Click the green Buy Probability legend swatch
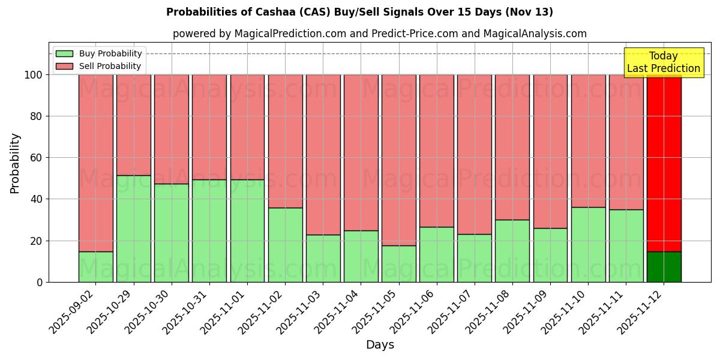(64, 54)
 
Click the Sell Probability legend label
(110, 67)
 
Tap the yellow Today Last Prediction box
(664, 62)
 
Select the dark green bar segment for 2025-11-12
(664, 266)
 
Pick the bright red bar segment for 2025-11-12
(664, 162)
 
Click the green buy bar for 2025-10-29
(134, 228)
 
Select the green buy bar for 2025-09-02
(96, 266)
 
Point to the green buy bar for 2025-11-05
(399, 263)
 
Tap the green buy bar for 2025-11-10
(588, 244)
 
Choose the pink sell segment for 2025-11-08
(512, 147)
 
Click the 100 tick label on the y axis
(34, 75)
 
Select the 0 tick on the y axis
(40, 282)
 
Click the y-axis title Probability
(15, 163)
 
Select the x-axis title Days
(380, 345)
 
